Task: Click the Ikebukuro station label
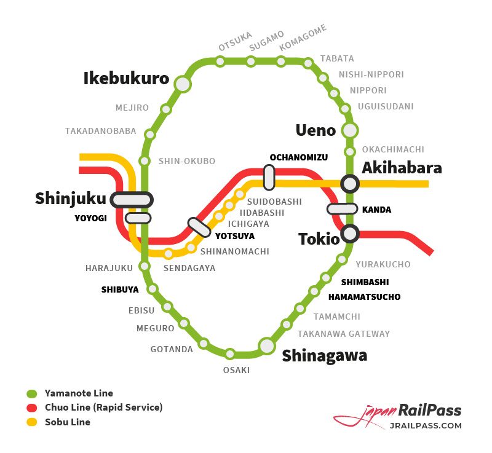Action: point(126,79)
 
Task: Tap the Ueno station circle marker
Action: point(350,130)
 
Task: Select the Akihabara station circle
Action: point(350,183)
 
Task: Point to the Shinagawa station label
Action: point(324,356)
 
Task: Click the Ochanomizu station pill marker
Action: point(269,177)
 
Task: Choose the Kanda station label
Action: point(376,210)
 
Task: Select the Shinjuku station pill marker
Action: point(132,200)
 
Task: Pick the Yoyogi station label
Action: point(91,218)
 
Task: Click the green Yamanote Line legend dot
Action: point(33,393)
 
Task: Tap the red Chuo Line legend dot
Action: point(33,408)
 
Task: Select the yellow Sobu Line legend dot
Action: point(33,422)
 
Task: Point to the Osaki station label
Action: point(236,370)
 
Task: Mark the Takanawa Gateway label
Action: point(344,334)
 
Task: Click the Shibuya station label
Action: point(120,290)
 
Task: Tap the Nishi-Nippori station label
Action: point(371,75)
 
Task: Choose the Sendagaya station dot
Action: point(169,254)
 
